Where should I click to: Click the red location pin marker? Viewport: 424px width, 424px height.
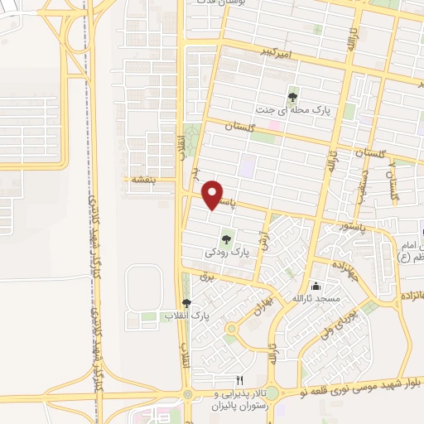pos(214,194)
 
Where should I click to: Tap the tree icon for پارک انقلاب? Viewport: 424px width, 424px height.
pos(186,304)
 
